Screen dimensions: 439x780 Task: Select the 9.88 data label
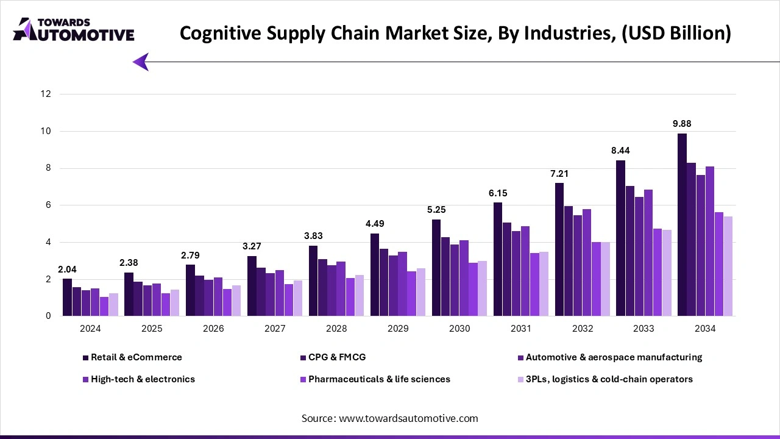click(682, 124)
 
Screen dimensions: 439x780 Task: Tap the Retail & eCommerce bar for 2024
click(67, 297)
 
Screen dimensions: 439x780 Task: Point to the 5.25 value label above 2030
click(436, 209)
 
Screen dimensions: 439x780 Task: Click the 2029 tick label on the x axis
click(398, 329)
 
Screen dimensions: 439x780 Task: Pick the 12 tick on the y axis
click(46, 94)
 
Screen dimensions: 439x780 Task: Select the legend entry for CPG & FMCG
click(337, 357)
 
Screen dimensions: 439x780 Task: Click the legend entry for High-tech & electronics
click(143, 379)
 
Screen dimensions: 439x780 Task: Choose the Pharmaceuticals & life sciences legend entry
click(379, 379)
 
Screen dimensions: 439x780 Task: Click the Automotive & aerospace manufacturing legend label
click(614, 357)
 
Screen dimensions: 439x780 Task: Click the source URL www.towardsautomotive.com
click(408, 418)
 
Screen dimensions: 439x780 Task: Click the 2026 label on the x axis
click(213, 329)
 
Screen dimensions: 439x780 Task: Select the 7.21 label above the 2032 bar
click(559, 174)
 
